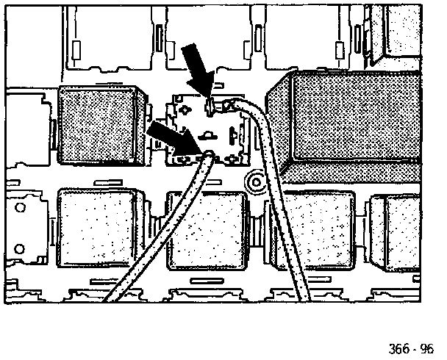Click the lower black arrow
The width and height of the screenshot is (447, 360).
click(171, 138)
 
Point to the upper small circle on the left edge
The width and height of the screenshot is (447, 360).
click(21, 209)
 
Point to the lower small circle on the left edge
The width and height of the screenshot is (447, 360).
click(21, 247)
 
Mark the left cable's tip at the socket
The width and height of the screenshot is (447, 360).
click(207, 156)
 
